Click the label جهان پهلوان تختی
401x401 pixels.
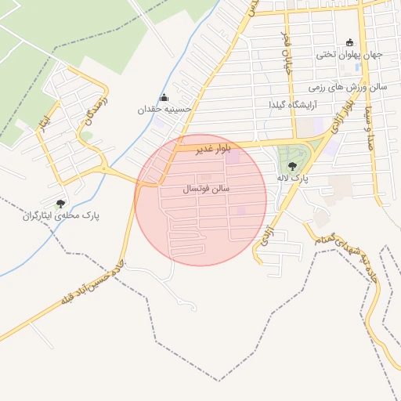click(349, 55)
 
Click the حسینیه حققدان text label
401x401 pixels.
click(164, 110)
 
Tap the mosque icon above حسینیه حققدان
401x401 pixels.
click(164, 98)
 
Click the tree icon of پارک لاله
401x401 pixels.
click(292, 165)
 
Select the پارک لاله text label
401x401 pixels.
click(292, 179)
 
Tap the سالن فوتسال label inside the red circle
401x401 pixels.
click(205, 189)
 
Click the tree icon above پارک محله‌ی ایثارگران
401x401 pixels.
click(61, 204)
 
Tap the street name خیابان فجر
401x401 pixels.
click(287, 47)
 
